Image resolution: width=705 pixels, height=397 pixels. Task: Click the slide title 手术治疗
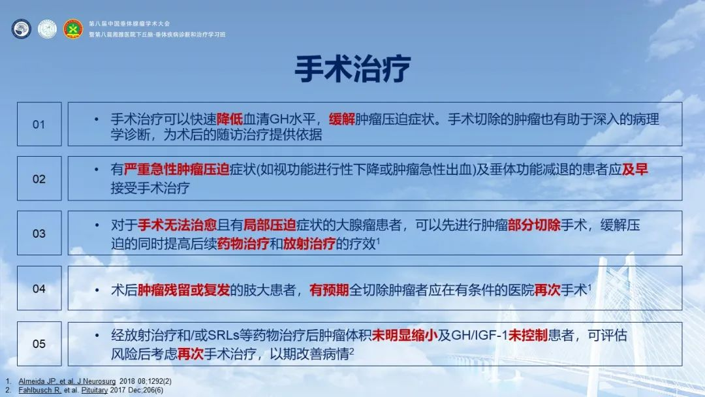(x=352, y=69)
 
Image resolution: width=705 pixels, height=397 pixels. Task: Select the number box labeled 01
(x=39, y=124)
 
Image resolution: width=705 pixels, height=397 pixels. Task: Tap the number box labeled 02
(x=39, y=178)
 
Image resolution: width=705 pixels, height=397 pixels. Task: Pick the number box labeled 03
(x=39, y=233)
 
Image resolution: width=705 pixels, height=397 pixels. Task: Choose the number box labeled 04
(x=39, y=288)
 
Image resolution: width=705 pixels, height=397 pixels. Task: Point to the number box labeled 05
(x=39, y=343)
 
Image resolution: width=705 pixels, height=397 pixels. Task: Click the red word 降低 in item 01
(x=229, y=119)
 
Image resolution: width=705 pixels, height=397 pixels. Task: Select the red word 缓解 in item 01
(x=341, y=119)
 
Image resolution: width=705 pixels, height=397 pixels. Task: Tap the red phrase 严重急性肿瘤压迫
(x=177, y=170)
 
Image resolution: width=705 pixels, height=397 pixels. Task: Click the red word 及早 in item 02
(x=635, y=170)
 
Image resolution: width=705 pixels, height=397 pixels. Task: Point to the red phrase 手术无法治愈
(x=177, y=225)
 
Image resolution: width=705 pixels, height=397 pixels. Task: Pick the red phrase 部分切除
(x=534, y=225)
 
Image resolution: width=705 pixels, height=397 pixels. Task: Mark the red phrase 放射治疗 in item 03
(x=309, y=244)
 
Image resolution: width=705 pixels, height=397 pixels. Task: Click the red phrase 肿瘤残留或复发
(x=183, y=290)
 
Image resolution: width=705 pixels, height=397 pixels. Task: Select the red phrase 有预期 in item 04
(x=329, y=290)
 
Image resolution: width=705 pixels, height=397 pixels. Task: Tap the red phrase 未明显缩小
(x=405, y=336)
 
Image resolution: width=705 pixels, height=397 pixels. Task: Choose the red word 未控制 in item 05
(x=528, y=336)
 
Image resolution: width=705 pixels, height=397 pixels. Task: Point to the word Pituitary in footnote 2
(x=95, y=390)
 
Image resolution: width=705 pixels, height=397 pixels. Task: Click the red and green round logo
(x=73, y=29)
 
